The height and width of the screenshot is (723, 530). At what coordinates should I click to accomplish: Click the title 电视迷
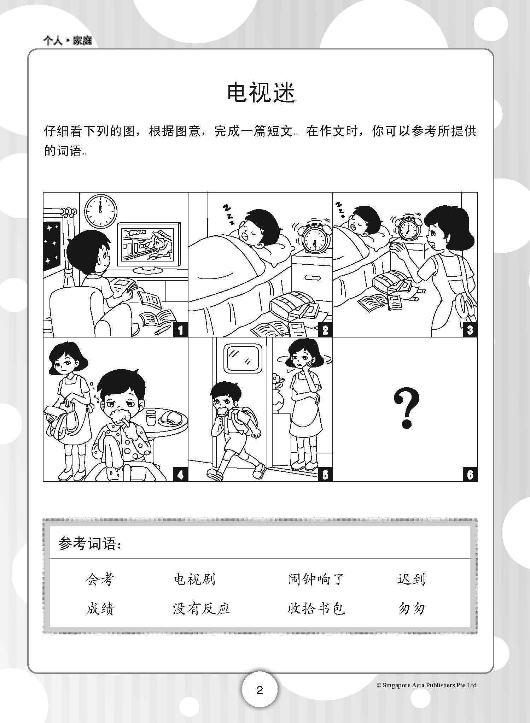[261, 93]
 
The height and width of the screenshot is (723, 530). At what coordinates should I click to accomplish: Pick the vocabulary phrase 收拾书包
[316, 609]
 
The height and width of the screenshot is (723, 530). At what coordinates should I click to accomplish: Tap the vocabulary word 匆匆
[411, 609]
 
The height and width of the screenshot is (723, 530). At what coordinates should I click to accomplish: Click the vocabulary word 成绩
[100, 609]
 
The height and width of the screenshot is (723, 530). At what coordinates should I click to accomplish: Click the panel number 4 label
[180, 475]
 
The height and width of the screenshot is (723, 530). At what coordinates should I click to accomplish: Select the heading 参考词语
[90, 544]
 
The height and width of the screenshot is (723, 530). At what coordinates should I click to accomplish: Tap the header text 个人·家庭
[68, 41]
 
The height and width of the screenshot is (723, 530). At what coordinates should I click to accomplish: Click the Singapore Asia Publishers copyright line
[426, 685]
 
